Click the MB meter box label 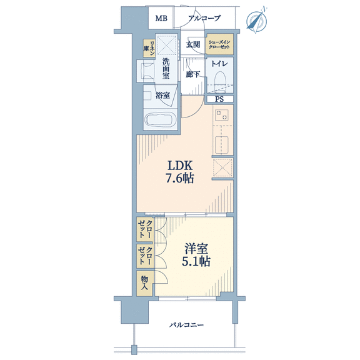click(x=161, y=18)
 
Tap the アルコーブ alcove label click(x=204, y=18)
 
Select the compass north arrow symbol click(x=256, y=21)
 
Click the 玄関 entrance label click(x=193, y=44)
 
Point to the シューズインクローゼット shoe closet click(x=219, y=44)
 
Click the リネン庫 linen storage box click(x=149, y=49)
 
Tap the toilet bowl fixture click(x=220, y=81)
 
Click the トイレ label click(x=219, y=64)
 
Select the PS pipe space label click(x=219, y=99)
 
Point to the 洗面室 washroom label click(x=166, y=69)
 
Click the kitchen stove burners click(x=222, y=115)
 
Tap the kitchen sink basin click(x=221, y=144)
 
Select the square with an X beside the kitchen click(x=222, y=167)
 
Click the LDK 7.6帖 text click(x=180, y=172)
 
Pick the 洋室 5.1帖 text click(x=196, y=255)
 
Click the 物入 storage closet click(x=144, y=284)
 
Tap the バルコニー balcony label click(x=186, y=325)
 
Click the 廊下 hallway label click(x=192, y=74)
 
